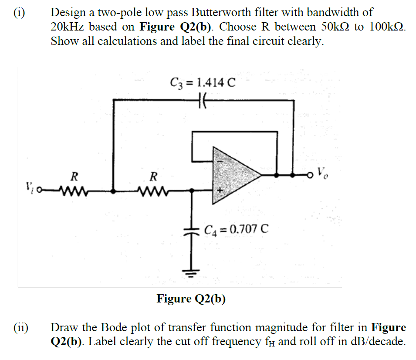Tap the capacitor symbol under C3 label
click(203, 100)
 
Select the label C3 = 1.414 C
click(203, 83)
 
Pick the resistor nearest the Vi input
click(75, 190)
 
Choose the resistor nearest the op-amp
click(153, 190)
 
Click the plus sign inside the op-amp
click(220, 190)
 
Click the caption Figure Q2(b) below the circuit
click(191, 299)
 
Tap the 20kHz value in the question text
click(67, 27)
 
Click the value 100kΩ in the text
click(386, 27)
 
